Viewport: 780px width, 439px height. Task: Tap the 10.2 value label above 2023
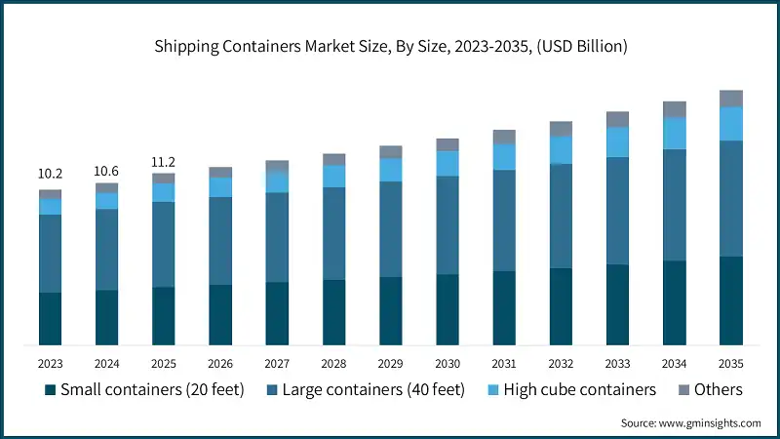pos(50,174)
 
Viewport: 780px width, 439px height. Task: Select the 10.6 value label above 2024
pos(106,172)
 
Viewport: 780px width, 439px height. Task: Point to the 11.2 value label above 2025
pos(163,163)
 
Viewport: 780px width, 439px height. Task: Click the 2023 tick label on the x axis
pos(50,363)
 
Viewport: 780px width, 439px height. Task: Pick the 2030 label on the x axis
pos(448,363)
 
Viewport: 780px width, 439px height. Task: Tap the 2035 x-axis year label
pos(731,363)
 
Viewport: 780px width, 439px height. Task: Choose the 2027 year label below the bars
pos(277,363)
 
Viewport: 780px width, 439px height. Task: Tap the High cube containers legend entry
pos(566,390)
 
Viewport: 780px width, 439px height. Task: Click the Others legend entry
pos(710,390)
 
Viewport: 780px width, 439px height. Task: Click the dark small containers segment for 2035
pos(731,300)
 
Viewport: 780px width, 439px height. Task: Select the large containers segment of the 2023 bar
pos(50,254)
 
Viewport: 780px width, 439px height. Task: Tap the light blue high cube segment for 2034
pos(675,134)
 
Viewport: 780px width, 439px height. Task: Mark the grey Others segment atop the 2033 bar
pos(618,119)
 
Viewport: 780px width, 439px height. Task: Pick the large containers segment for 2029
pos(391,229)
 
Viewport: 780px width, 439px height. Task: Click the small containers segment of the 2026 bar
pos(220,314)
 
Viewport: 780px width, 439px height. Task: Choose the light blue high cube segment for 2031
pos(504,157)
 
